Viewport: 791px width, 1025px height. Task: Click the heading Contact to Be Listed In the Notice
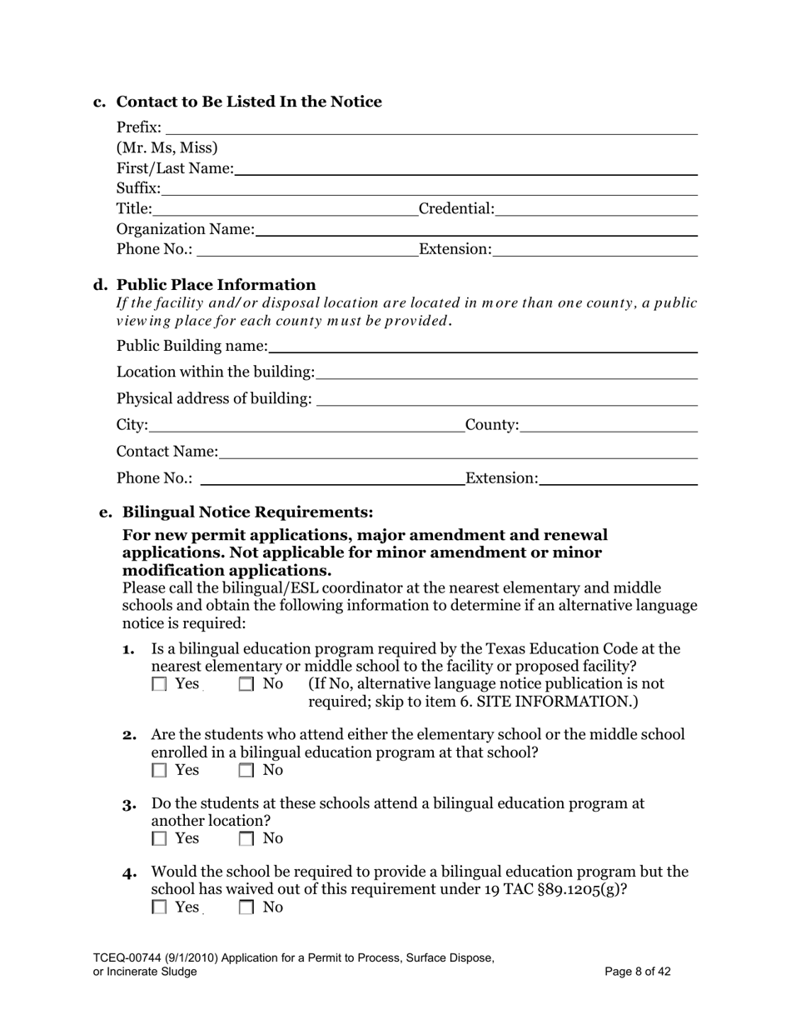click(248, 102)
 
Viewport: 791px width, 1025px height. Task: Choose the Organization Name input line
click(476, 229)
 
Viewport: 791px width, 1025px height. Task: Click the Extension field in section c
click(594, 249)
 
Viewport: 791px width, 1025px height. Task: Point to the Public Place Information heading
click(216, 285)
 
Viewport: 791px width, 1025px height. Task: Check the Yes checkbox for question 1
click(159, 685)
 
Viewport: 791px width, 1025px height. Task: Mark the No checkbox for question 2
click(246, 771)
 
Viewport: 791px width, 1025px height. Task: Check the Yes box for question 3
click(159, 839)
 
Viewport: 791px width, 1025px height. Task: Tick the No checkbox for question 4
click(246, 908)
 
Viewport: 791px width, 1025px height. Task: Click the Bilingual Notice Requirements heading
click(247, 512)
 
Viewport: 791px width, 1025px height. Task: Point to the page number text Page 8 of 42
click(638, 972)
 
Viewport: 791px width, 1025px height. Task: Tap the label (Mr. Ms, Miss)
click(167, 148)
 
